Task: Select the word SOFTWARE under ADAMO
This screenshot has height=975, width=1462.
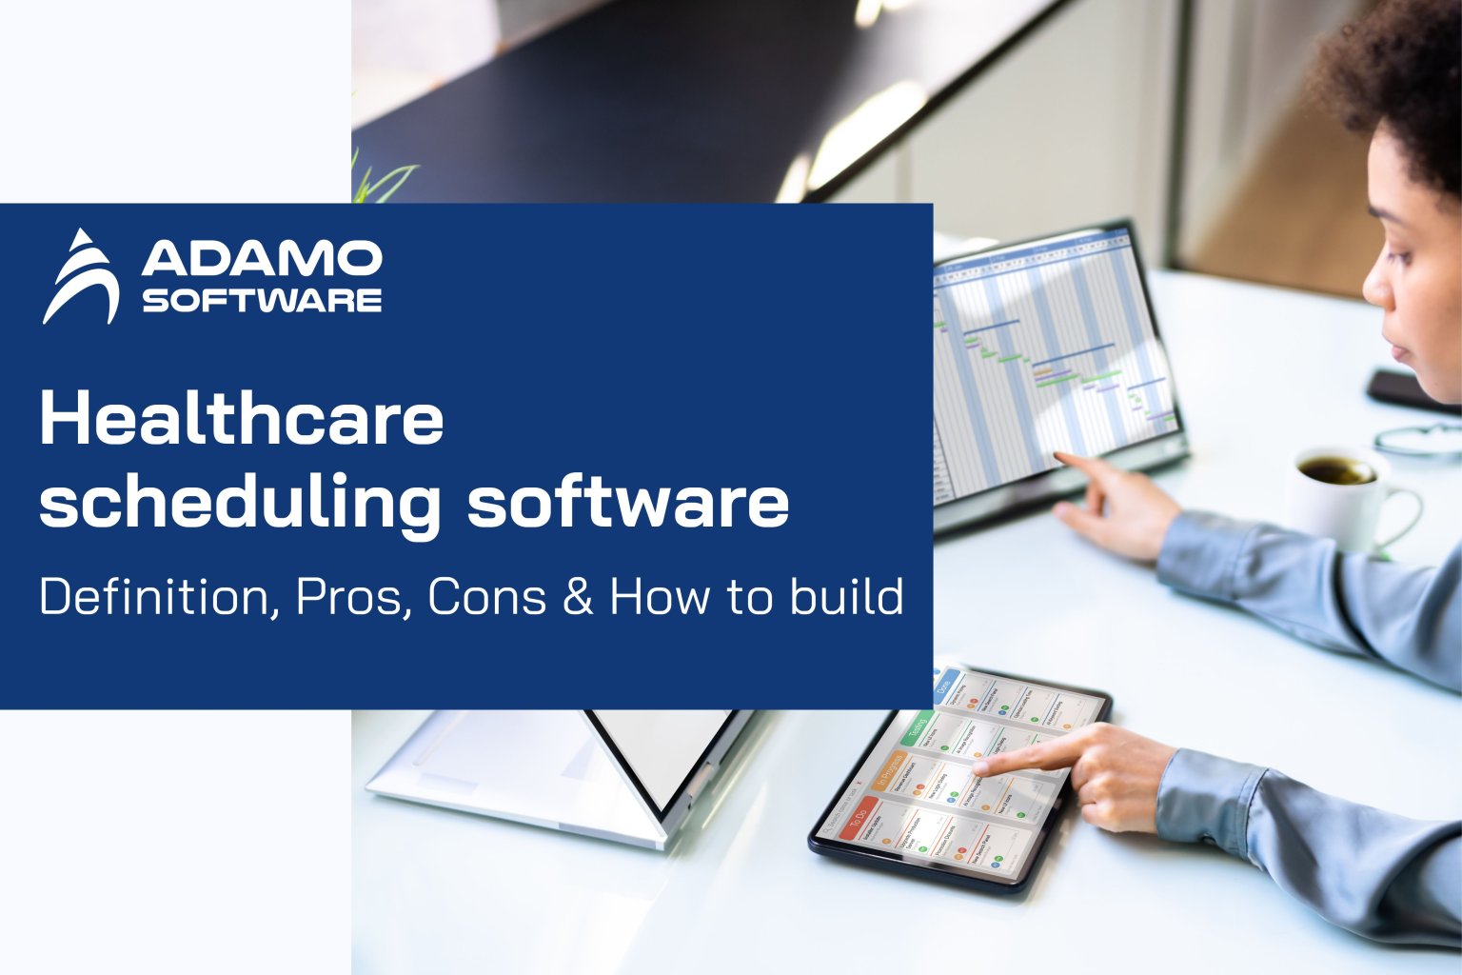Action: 262,301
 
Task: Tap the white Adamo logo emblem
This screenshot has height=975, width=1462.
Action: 83,277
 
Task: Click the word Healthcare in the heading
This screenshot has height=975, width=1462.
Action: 242,419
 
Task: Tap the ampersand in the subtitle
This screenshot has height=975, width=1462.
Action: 578,597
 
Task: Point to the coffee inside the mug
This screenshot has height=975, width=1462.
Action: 1335,469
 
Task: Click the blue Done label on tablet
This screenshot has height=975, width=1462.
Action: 944,686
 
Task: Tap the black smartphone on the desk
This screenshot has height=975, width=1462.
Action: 1407,389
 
